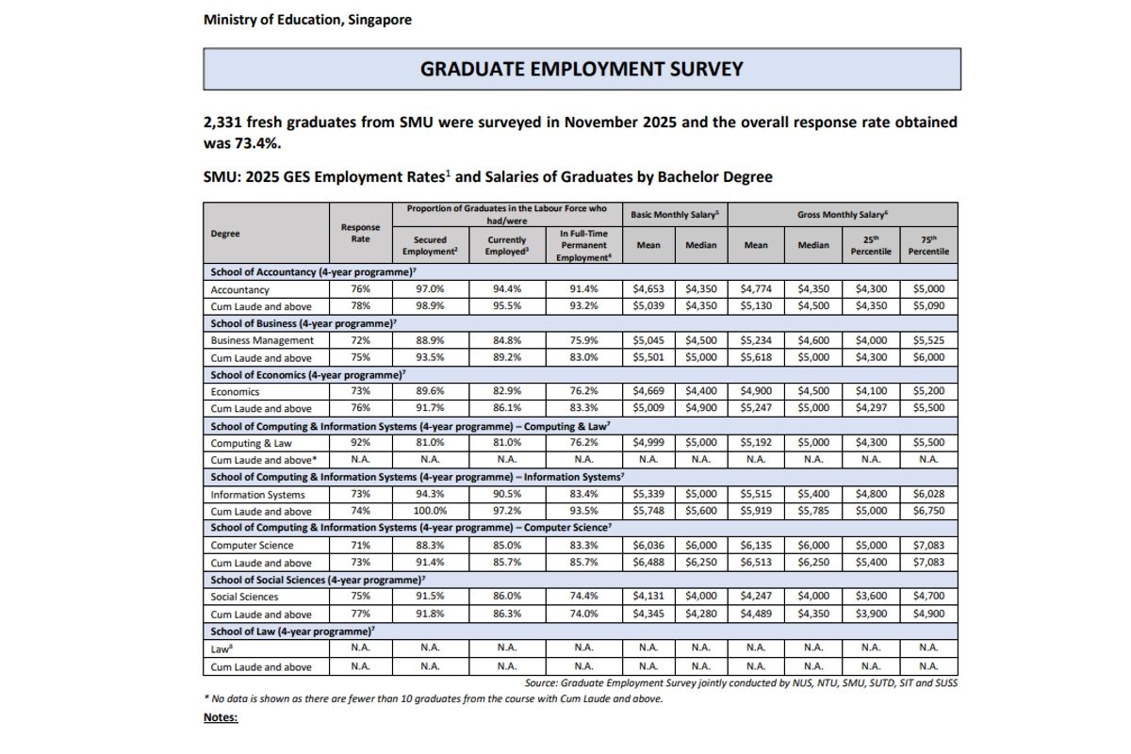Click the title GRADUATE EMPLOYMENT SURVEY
[x=582, y=70]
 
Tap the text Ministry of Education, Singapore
[x=307, y=20]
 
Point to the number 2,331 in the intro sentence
[x=224, y=123]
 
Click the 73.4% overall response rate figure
[x=254, y=143]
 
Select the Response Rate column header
[x=361, y=233]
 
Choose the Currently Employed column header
[x=506, y=245]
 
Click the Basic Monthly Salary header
[x=674, y=215]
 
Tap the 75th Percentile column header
[x=928, y=245]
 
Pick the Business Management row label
[x=262, y=341]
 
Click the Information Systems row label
[x=257, y=495]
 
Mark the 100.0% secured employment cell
[x=430, y=512]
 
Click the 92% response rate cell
[x=361, y=443]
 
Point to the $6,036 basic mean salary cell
[x=647, y=546]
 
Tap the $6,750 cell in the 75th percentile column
[x=928, y=512]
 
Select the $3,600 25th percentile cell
[x=871, y=597]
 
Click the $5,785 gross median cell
[x=813, y=512]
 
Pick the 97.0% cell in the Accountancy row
[x=430, y=290]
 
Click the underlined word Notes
[x=221, y=717]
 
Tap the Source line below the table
[x=740, y=682]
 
